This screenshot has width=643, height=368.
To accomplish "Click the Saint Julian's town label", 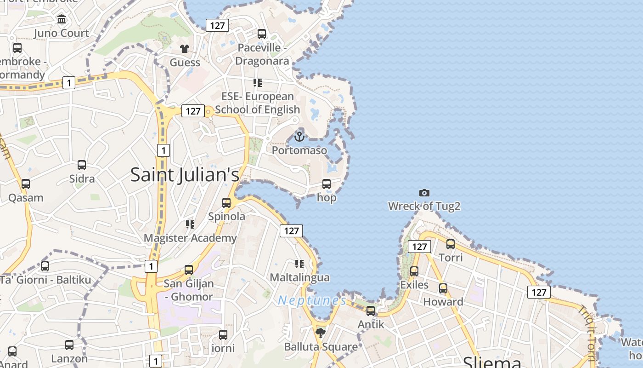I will point(185,175).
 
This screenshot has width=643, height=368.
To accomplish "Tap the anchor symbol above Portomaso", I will point(299,137).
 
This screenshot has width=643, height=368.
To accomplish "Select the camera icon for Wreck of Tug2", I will point(424,193).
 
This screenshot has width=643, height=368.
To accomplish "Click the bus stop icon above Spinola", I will point(226,203).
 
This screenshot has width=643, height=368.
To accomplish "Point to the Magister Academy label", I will point(190,238).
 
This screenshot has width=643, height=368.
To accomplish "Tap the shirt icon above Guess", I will point(185,49).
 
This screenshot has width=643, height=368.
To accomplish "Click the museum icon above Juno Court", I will point(62,19).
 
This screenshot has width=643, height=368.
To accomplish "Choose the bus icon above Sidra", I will point(82,165).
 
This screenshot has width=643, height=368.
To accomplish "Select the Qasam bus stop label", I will point(26,198).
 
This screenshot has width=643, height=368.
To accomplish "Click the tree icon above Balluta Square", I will point(321,333).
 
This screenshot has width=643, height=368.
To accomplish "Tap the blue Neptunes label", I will point(312,300).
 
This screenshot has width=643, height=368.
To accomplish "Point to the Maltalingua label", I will point(299,277).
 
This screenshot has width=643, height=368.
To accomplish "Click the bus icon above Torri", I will point(451,244).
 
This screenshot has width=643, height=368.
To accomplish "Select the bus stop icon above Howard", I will point(443,288).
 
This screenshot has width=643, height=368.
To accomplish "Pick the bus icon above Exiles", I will point(414,271).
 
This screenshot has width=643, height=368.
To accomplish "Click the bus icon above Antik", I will point(371,311).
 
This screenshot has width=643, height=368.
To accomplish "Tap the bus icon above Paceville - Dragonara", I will point(262,34).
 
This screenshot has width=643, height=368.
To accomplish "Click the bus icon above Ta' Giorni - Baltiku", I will point(45,266).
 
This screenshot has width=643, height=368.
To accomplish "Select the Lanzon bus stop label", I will point(69,358).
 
